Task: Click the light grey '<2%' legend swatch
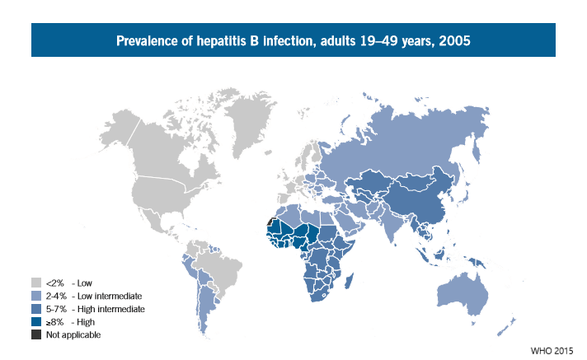tap(36, 282)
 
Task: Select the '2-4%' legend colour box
tap(36, 295)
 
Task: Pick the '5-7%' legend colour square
tap(36, 308)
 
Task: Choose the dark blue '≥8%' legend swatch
tap(36, 321)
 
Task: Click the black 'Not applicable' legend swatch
tap(36, 334)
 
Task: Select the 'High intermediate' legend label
tap(113, 308)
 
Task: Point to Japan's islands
tap(473, 199)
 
